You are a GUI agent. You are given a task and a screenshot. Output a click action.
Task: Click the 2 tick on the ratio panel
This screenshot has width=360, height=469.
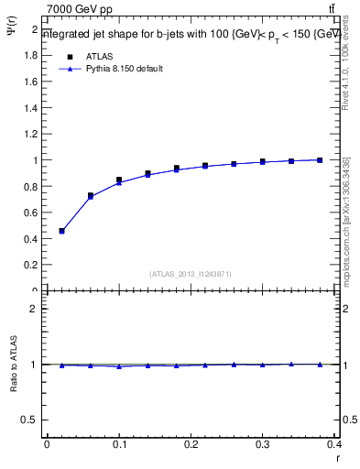click(35, 309)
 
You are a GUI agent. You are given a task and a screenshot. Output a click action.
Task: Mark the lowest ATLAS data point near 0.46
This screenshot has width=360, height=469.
click(61, 231)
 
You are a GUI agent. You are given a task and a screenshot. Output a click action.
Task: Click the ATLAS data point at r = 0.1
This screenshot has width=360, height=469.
click(119, 180)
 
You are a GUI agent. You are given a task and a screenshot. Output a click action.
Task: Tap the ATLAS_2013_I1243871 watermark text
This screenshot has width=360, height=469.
click(191, 274)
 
